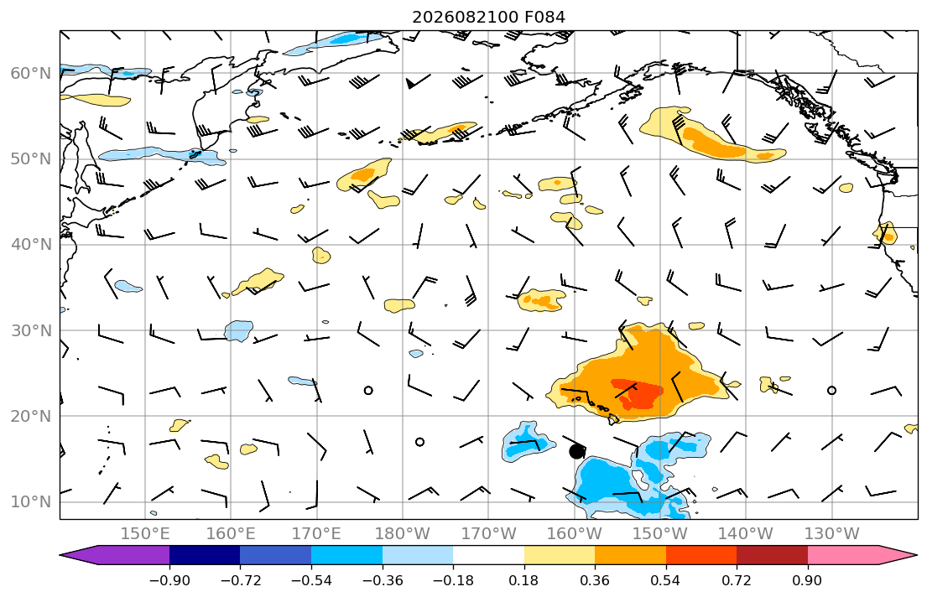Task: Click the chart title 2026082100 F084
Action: [488, 17]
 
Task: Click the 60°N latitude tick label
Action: [31, 73]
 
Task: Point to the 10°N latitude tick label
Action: [31, 502]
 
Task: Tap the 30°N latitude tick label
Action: [31, 330]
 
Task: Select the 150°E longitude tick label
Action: [145, 534]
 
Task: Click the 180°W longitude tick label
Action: [403, 534]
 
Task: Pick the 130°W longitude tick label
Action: [832, 534]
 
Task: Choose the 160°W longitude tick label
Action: [574, 534]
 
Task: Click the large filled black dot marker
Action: [576, 452]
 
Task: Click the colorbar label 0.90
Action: [807, 580]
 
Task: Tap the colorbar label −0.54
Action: [311, 580]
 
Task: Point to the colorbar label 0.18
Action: [523, 580]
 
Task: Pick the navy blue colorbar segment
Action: [205, 555]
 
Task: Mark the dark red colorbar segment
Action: [772, 555]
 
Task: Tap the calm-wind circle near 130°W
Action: [832, 390]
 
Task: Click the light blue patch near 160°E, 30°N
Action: [238, 330]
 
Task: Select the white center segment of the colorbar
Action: [488, 555]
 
